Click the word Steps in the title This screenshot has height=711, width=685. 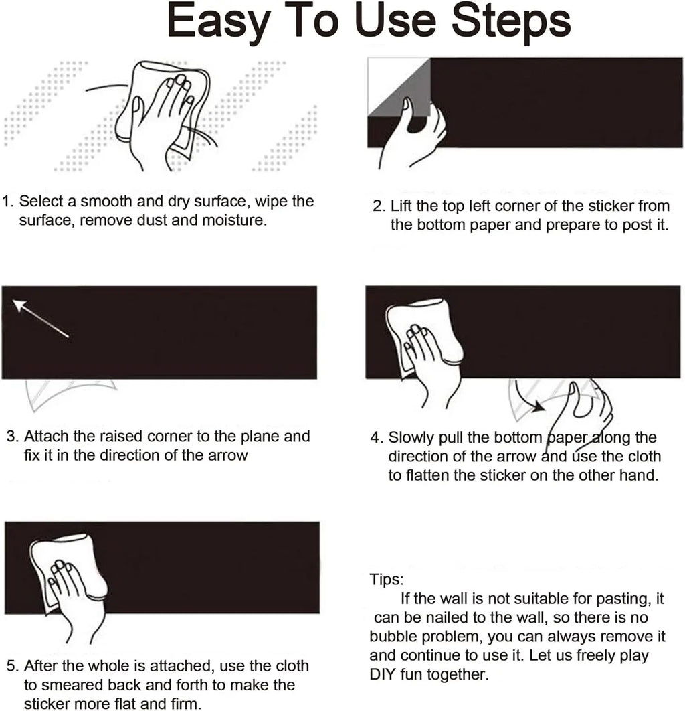511,21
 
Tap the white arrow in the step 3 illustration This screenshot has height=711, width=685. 40,318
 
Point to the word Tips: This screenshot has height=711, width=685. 387,580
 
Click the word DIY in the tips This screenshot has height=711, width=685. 383,674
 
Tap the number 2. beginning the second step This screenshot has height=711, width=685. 379,206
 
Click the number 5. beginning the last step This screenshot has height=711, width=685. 13,665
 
